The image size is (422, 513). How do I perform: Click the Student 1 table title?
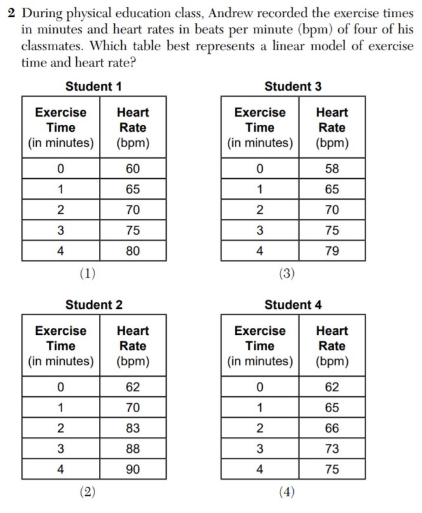(x=93, y=86)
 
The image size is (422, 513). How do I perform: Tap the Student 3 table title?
(x=293, y=86)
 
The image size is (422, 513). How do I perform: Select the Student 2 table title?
(x=93, y=305)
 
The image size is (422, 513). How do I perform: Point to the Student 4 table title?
(x=293, y=305)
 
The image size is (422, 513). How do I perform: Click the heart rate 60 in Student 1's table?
(x=133, y=169)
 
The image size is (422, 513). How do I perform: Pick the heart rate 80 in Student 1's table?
(x=133, y=251)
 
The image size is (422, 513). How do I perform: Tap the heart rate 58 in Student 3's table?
(x=332, y=169)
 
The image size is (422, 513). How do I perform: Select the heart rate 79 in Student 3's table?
(x=332, y=251)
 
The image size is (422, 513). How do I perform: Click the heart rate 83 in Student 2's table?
(x=133, y=428)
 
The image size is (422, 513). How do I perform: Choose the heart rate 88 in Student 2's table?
(x=133, y=448)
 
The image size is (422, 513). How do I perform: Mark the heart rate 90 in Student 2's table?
(x=133, y=469)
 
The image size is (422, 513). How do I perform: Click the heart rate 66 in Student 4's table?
(x=332, y=428)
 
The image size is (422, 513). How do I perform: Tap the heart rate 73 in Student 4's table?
(x=332, y=448)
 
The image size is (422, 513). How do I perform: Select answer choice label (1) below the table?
(x=88, y=273)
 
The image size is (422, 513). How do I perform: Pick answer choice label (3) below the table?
(x=287, y=273)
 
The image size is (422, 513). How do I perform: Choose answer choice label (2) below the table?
(x=88, y=491)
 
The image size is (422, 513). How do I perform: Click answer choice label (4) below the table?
(x=287, y=491)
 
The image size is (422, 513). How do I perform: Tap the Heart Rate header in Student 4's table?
(x=332, y=346)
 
